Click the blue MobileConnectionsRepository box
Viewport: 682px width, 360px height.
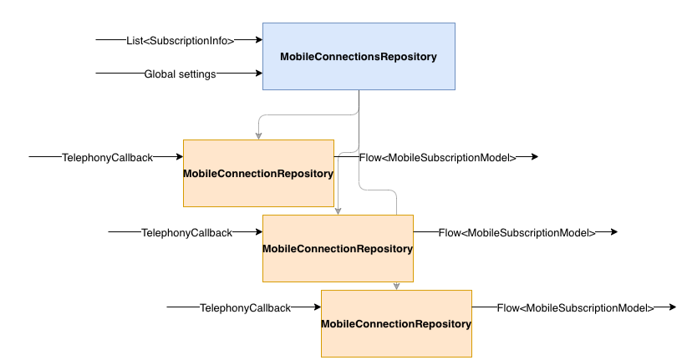[359, 56]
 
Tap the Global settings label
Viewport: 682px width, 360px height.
[181, 74]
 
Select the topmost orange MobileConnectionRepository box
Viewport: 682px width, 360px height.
[258, 173]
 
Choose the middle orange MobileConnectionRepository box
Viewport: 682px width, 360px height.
[338, 248]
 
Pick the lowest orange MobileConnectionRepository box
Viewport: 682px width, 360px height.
[396, 323]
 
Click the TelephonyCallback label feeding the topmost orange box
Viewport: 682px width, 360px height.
[107, 157]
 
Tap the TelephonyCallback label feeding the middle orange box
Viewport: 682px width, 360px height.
[186, 232]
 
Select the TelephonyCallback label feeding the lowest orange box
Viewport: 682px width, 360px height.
[245, 307]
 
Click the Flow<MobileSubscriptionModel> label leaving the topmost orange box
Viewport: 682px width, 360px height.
[437, 157]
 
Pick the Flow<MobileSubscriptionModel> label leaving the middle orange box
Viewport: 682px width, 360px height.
[517, 232]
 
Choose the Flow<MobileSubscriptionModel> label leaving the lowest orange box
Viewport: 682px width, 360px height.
[575, 307]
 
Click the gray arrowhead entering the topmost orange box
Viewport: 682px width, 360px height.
[258, 135]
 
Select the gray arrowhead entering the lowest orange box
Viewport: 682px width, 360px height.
[396, 286]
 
